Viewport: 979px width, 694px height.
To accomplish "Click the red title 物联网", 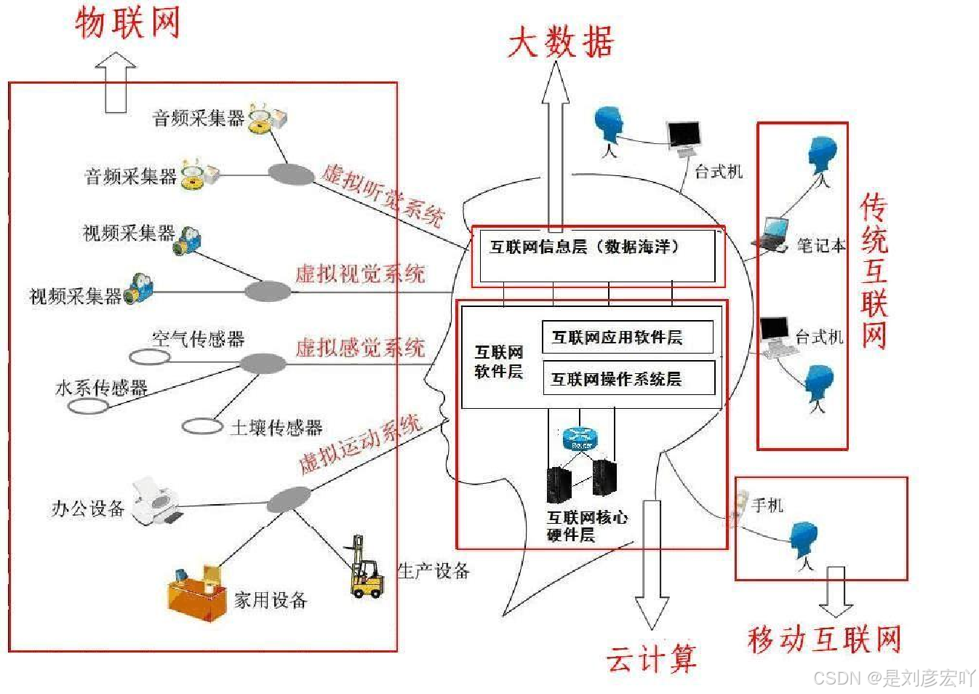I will [x=127, y=23].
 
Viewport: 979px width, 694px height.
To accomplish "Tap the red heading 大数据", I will [x=561, y=41].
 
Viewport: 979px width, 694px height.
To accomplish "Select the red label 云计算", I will [x=652, y=658].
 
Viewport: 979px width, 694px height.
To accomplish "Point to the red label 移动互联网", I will [x=824, y=639].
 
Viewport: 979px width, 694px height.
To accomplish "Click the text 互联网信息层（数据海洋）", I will [x=585, y=247].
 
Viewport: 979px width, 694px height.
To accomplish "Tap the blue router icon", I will [x=580, y=439].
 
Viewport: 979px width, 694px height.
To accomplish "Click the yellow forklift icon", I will [x=365, y=570].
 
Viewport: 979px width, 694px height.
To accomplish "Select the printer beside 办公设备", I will [x=156, y=501].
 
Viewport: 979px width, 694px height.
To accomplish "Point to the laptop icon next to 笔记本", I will [x=772, y=235].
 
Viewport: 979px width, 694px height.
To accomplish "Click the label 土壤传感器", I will [x=276, y=428].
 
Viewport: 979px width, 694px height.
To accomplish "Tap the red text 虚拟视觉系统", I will [x=360, y=274].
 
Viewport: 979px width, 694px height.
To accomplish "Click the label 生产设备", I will [x=433, y=571].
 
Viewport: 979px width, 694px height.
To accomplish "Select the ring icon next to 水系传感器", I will [x=88, y=405].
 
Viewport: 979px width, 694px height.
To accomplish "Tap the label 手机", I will [x=767, y=505].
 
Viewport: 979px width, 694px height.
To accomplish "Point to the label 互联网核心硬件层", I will [x=587, y=526].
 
